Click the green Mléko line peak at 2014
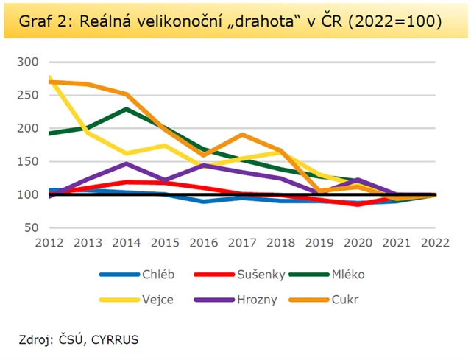127,109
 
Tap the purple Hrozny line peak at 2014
127,163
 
